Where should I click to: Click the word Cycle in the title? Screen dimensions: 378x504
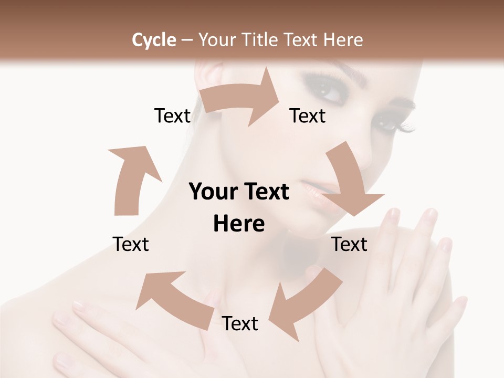point(154,40)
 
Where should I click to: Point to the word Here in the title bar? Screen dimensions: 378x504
point(344,40)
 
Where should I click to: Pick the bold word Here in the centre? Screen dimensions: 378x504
point(239,224)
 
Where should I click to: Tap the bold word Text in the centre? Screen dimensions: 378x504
point(265,192)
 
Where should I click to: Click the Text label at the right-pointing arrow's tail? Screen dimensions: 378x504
point(172,115)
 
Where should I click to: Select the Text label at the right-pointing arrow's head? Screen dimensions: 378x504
point(308,115)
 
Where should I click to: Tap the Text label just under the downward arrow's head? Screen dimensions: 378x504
point(350,244)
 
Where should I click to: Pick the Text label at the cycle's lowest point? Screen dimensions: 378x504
point(240,323)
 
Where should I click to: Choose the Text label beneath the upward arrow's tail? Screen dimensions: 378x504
point(131,244)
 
